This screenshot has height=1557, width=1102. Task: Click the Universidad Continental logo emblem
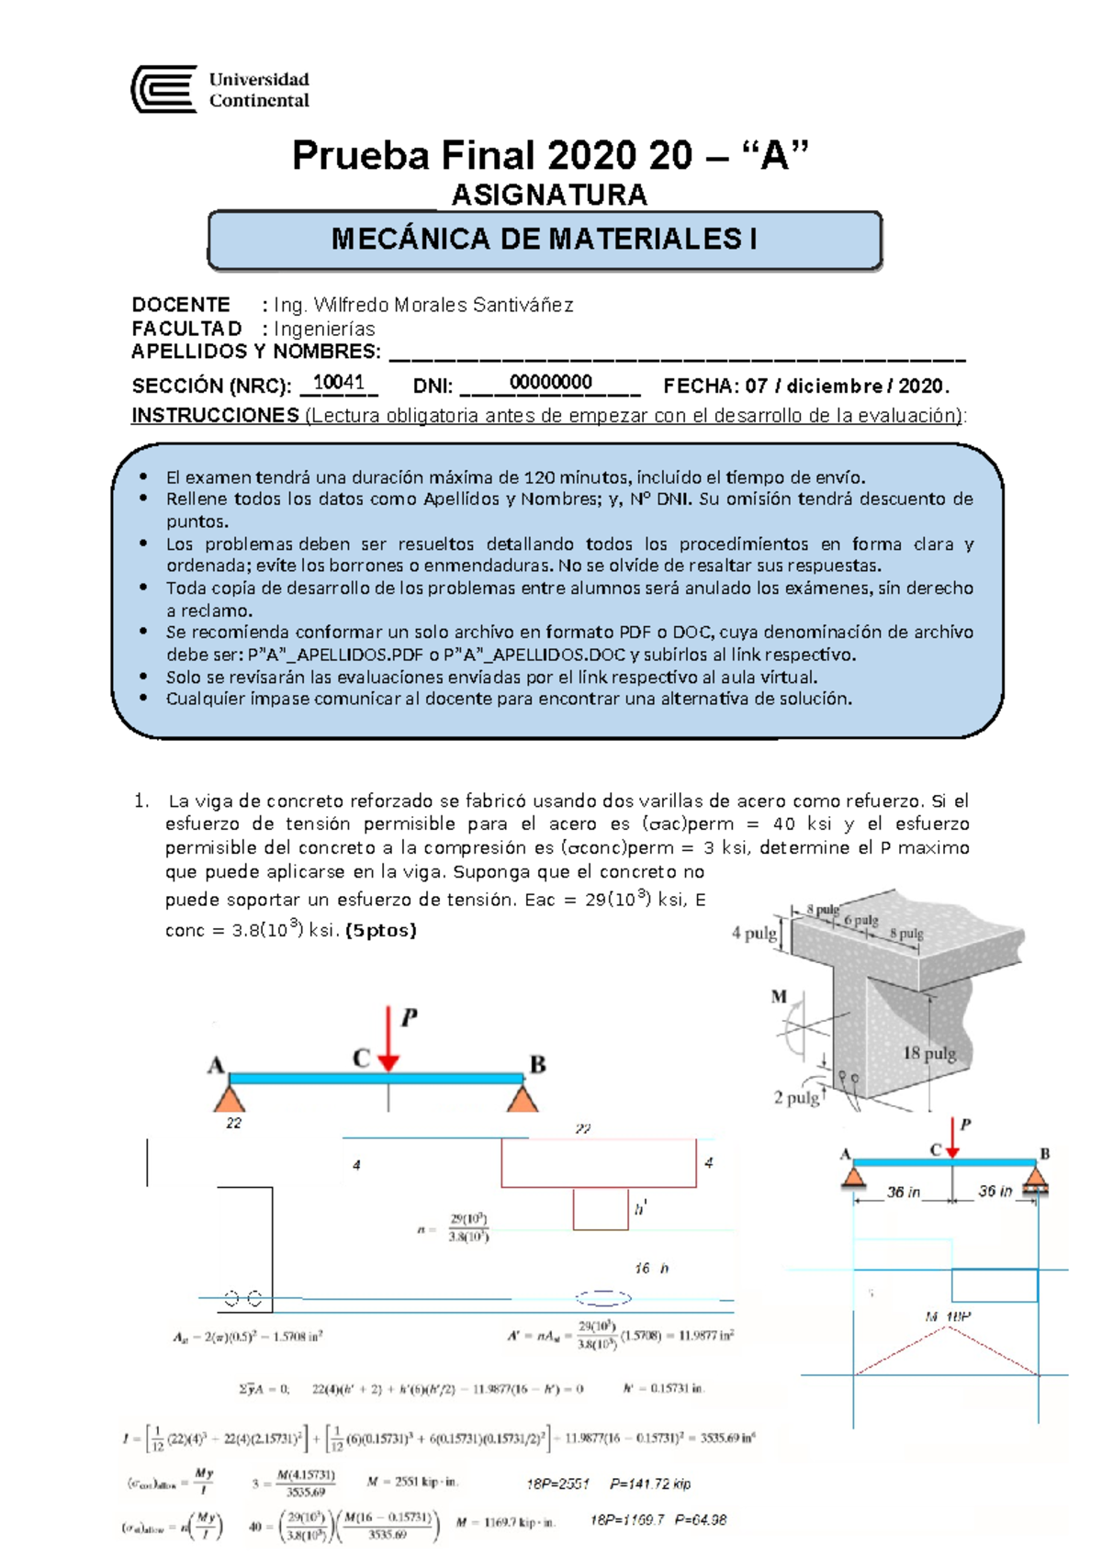(x=164, y=89)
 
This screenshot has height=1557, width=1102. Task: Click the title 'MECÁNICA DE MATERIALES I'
(x=545, y=240)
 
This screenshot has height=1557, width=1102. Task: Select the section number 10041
(x=338, y=383)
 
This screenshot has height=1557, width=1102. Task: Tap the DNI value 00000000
(x=550, y=383)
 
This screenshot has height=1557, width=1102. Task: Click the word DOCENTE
(x=181, y=305)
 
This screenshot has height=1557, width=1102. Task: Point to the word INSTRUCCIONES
(x=215, y=415)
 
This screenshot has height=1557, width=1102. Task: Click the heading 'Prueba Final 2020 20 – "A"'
(x=550, y=155)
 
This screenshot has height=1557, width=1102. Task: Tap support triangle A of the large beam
(x=230, y=1098)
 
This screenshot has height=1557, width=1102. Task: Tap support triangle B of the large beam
(x=523, y=1098)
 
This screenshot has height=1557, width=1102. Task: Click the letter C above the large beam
(x=361, y=1059)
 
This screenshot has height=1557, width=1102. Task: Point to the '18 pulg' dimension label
(x=928, y=1053)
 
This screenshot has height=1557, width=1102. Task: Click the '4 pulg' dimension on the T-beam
(x=754, y=933)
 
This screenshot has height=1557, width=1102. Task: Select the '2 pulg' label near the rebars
(x=795, y=1097)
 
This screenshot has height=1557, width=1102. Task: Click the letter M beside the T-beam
(x=779, y=996)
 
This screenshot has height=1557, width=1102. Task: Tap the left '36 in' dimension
(x=903, y=1192)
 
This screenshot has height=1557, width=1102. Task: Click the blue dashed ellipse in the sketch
(x=603, y=1297)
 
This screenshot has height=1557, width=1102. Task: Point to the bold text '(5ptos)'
(x=380, y=930)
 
